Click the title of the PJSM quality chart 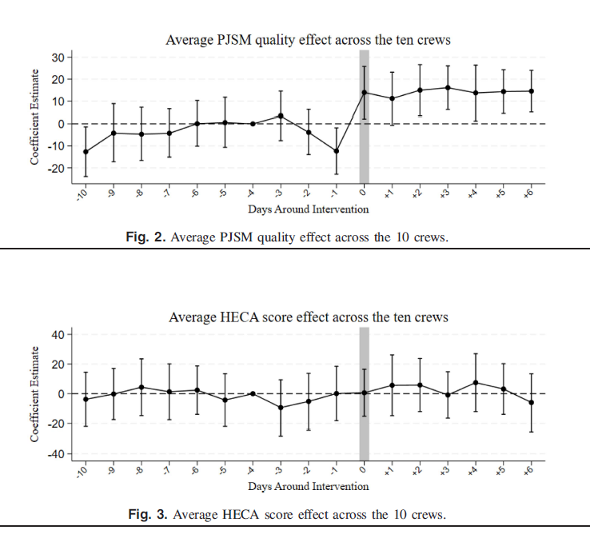point(309,39)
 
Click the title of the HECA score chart point(309,317)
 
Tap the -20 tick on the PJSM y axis point(55,169)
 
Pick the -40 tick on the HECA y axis point(55,454)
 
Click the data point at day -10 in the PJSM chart point(86,152)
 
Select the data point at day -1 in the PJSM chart point(337,151)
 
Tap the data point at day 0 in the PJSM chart point(365,93)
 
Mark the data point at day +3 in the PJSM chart point(448,88)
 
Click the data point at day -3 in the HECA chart point(281,408)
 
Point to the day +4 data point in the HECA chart point(476,382)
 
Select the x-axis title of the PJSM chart point(309,209)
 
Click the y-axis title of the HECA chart point(35,394)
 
